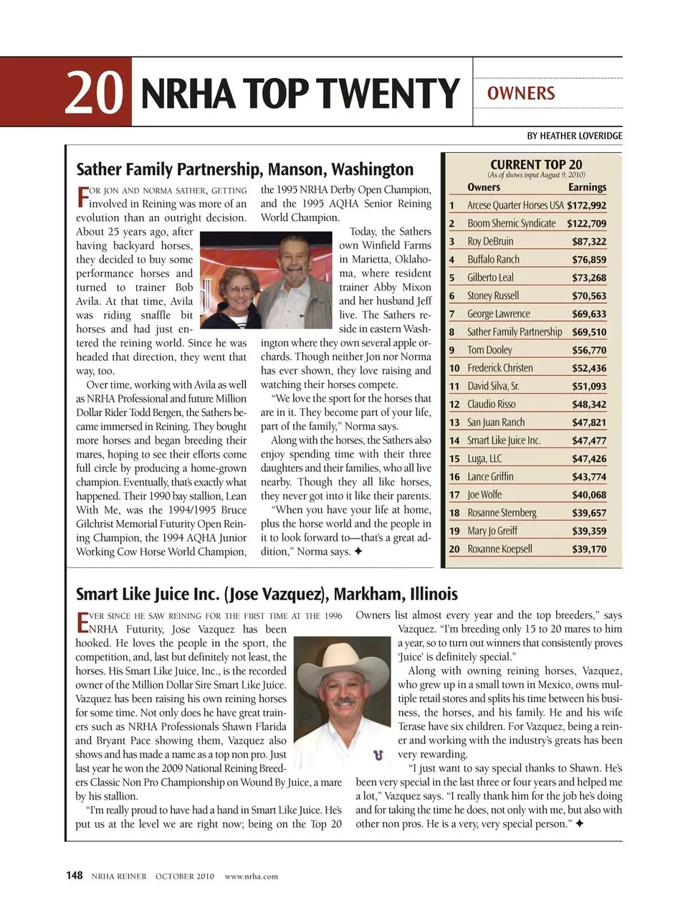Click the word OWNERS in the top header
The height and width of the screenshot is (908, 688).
pos(520,93)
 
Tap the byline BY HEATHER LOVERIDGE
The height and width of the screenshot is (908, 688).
pos(574,136)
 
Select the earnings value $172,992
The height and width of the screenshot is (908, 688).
pos(586,205)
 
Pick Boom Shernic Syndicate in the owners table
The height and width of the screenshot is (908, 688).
pos(511,223)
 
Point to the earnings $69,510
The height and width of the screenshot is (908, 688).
pos(588,332)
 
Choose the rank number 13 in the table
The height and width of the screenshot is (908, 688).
pos(454,422)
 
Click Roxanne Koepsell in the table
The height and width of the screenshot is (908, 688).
pos(500,549)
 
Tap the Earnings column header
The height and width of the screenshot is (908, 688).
pos(587,187)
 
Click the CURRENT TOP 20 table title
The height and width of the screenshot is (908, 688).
pos(536,164)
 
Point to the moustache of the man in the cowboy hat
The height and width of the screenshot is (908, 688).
pos(344,701)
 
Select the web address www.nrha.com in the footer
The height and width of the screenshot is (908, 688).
pos(251,876)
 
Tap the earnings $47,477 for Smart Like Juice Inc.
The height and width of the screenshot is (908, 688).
pos(588,440)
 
